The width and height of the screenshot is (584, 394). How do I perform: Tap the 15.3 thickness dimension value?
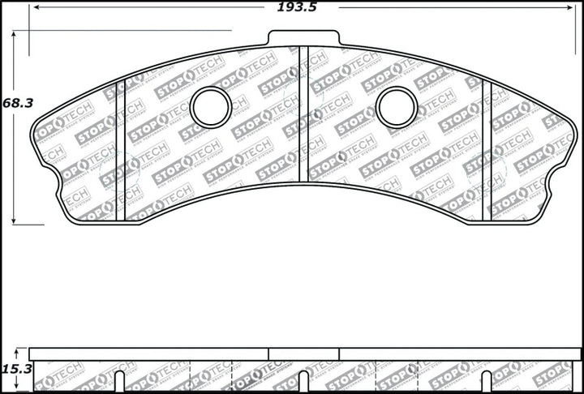pos(14,369)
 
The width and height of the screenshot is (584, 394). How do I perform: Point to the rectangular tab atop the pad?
pos(303,39)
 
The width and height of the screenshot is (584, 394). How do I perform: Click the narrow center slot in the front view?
pos(303,113)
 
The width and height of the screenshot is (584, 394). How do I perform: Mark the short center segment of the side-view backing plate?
pos(303,354)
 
